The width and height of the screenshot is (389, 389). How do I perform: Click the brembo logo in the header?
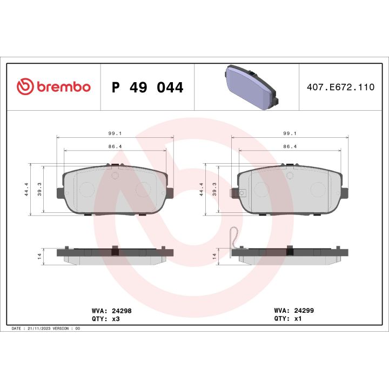[x=53, y=86]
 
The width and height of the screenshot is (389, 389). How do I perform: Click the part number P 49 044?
[x=147, y=87]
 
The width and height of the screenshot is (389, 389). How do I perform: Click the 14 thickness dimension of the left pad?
[x=40, y=256]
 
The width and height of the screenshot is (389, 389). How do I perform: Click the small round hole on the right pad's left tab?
[x=243, y=192]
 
